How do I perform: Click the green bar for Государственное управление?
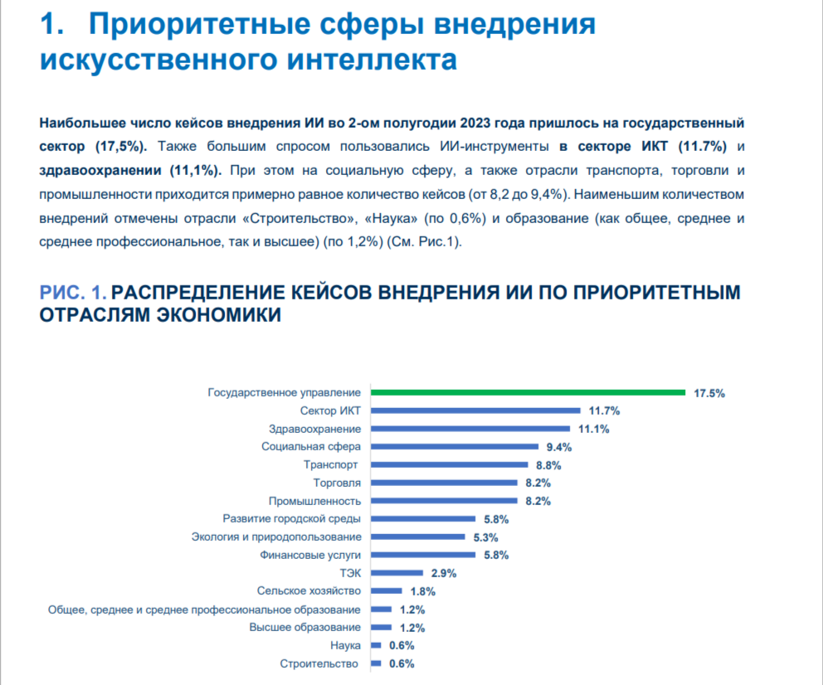click(x=528, y=392)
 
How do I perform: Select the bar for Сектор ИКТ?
click(x=475, y=411)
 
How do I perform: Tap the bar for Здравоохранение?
click(x=470, y=429)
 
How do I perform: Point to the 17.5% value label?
click(x=709, y=393)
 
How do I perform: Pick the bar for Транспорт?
click(x=449, y=465)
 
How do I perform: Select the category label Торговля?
click(x=337, y=483)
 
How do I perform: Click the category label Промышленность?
click(x=314, y=501)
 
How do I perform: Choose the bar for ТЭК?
click(x=397, y=573)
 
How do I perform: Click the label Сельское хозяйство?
click(x=309, y=591)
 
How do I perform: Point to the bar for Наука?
click(x=376, y=645)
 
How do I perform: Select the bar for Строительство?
click(x=376, y=663)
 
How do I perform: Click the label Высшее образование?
click(x=304, y=627)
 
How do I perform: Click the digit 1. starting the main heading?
click(x=51, y=25)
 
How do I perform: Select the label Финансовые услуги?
click(x=310, y=555)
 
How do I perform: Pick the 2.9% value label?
click(x=443, y=573)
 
